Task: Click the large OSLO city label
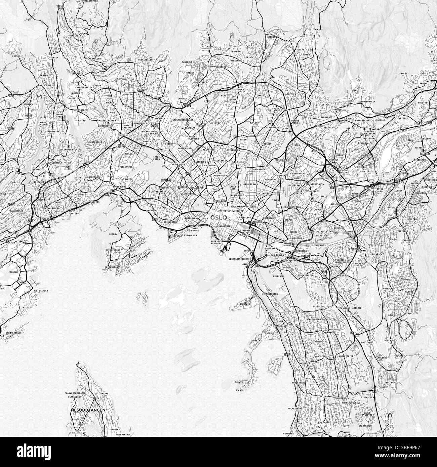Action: [218, 218]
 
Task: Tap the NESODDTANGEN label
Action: [88, 410]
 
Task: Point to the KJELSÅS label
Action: [300, 49]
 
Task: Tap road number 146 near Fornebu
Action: [23, 283]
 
